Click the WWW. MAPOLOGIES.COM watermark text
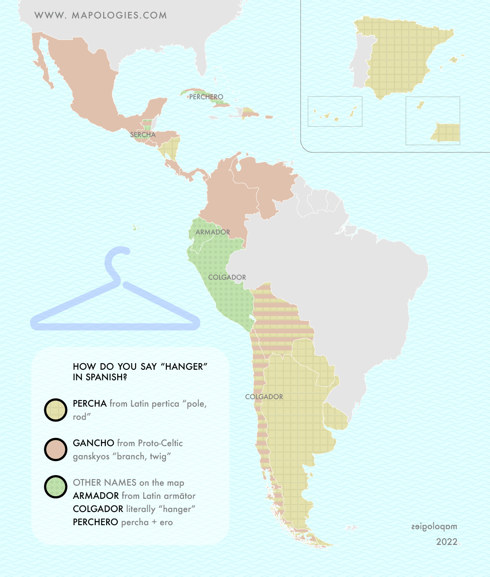point(101,15)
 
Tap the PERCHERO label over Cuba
point(206,97)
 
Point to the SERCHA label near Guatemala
point(143,134)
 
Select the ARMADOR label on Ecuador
point(213,232)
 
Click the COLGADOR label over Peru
point(227,277)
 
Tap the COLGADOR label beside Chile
point(264,397)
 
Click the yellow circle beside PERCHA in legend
point(56,410)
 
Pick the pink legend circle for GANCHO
point(56,449)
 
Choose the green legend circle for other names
point(56,487)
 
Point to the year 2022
point(447,542)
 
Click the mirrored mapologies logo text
point(434,527)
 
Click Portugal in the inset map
point(363,61)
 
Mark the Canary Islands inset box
point(335,112)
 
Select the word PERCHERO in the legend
point(95,522)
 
